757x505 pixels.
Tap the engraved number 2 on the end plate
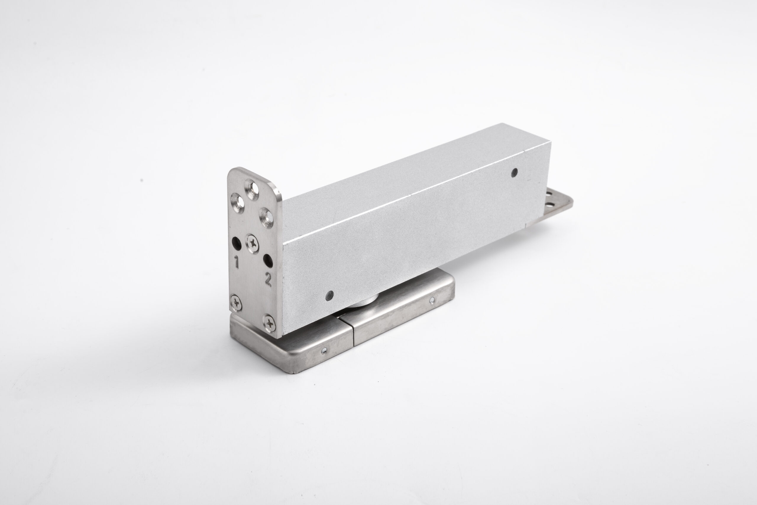tap(268, 279)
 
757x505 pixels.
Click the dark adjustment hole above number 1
tap(237, 243)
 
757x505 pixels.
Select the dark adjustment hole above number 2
tap(268, 261)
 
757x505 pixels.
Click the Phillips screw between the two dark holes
tap(252, 243)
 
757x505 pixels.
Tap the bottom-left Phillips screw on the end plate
tap(237, 303)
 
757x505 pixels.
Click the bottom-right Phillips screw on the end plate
tap(269, 323)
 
